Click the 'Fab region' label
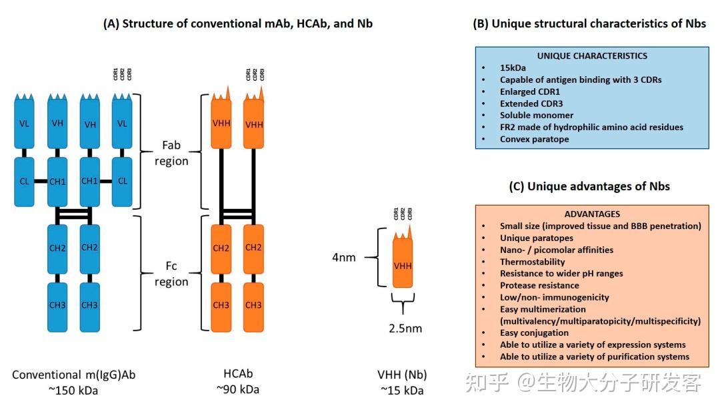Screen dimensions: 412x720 tap(171, 152)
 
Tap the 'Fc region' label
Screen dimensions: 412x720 tap(171, 274)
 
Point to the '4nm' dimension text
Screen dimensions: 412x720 tap(345, 257)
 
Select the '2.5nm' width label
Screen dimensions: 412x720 tap(405, 329)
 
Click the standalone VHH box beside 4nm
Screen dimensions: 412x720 tap(403, 266)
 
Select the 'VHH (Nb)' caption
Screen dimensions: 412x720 tap(402, 375)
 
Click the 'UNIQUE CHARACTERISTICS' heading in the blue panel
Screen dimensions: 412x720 tap(592, 56)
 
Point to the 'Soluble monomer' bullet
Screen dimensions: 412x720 tap(537, 116)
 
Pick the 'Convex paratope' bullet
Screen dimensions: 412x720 tap(535, 140)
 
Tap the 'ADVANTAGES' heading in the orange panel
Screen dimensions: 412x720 tap(592, 214)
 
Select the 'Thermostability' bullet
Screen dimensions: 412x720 tap(533, 262)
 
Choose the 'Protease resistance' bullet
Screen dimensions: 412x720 tap(540, 286)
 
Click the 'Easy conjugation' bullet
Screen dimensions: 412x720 tap(535, 333)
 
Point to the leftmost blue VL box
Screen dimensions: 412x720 tap(25, 124)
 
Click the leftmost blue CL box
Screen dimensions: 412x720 tap(25, 181)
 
